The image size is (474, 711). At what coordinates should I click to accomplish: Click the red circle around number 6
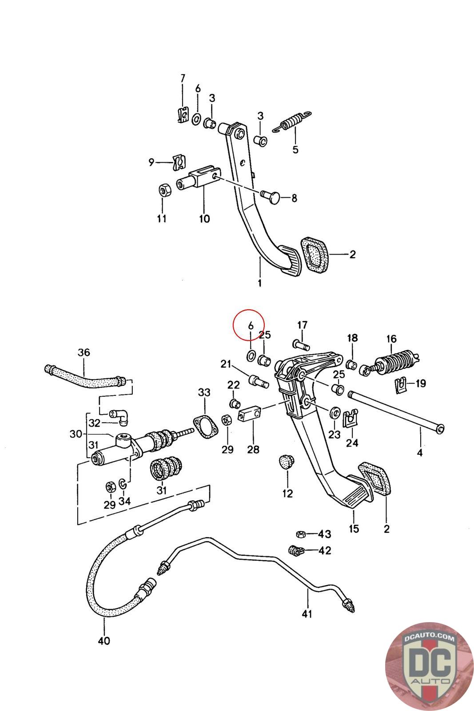point(249,325)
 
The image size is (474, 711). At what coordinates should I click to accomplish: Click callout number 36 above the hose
point(84,352)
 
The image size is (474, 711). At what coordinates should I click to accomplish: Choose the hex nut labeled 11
point(165,190)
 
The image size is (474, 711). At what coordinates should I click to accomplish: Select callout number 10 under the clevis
point(204,218)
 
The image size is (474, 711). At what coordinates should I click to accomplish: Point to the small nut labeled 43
point(301,534)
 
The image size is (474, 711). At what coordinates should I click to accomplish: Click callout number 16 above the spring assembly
point(391,339)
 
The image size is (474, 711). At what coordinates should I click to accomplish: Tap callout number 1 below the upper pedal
point(260,282)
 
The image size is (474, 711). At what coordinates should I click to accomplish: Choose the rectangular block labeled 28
point(250,414)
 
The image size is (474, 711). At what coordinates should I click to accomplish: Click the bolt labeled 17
point(300,345)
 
